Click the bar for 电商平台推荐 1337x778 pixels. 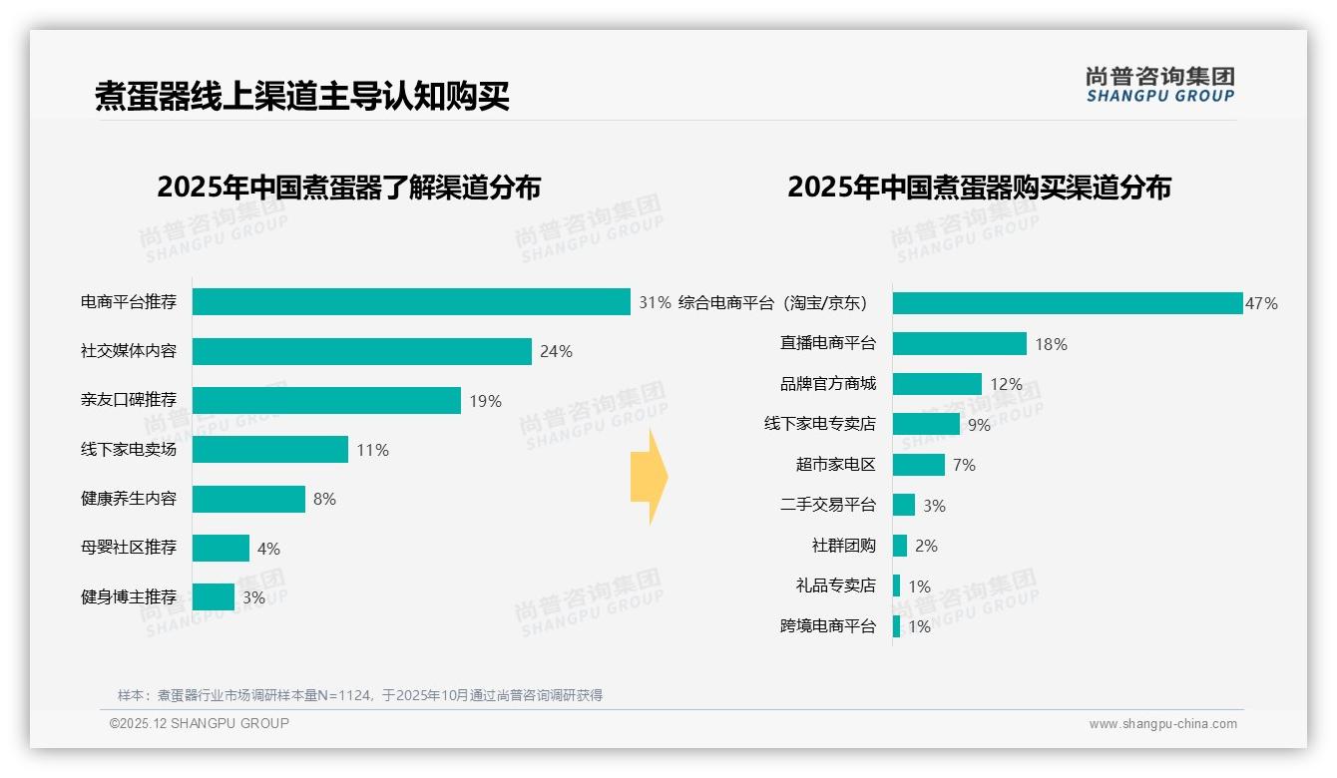point(411,302)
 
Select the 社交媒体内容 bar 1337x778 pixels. point(361,351)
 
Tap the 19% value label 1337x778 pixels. point(485,401)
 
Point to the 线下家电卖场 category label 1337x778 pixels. point(129,450)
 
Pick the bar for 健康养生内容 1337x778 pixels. point(248,499)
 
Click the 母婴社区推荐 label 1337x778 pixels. point(129,548)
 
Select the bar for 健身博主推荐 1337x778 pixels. point(214,597)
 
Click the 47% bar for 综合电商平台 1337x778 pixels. point(1067,303)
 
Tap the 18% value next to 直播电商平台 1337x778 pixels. point(1051,344)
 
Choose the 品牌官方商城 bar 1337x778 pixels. point(937,384)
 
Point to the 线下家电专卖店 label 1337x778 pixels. point(820,424)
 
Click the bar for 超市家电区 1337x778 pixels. point(918,465)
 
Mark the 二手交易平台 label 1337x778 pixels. point(828,505)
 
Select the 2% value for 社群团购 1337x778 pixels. point(926,546)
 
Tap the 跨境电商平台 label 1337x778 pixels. point(828,626)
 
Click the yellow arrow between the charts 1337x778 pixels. point(649,478)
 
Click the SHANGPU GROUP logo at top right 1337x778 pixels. point(1159,84)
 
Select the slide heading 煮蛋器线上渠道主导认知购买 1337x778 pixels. point(302,96)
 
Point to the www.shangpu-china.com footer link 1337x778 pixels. point(1162,724)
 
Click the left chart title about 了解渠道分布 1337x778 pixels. point(348,188)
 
